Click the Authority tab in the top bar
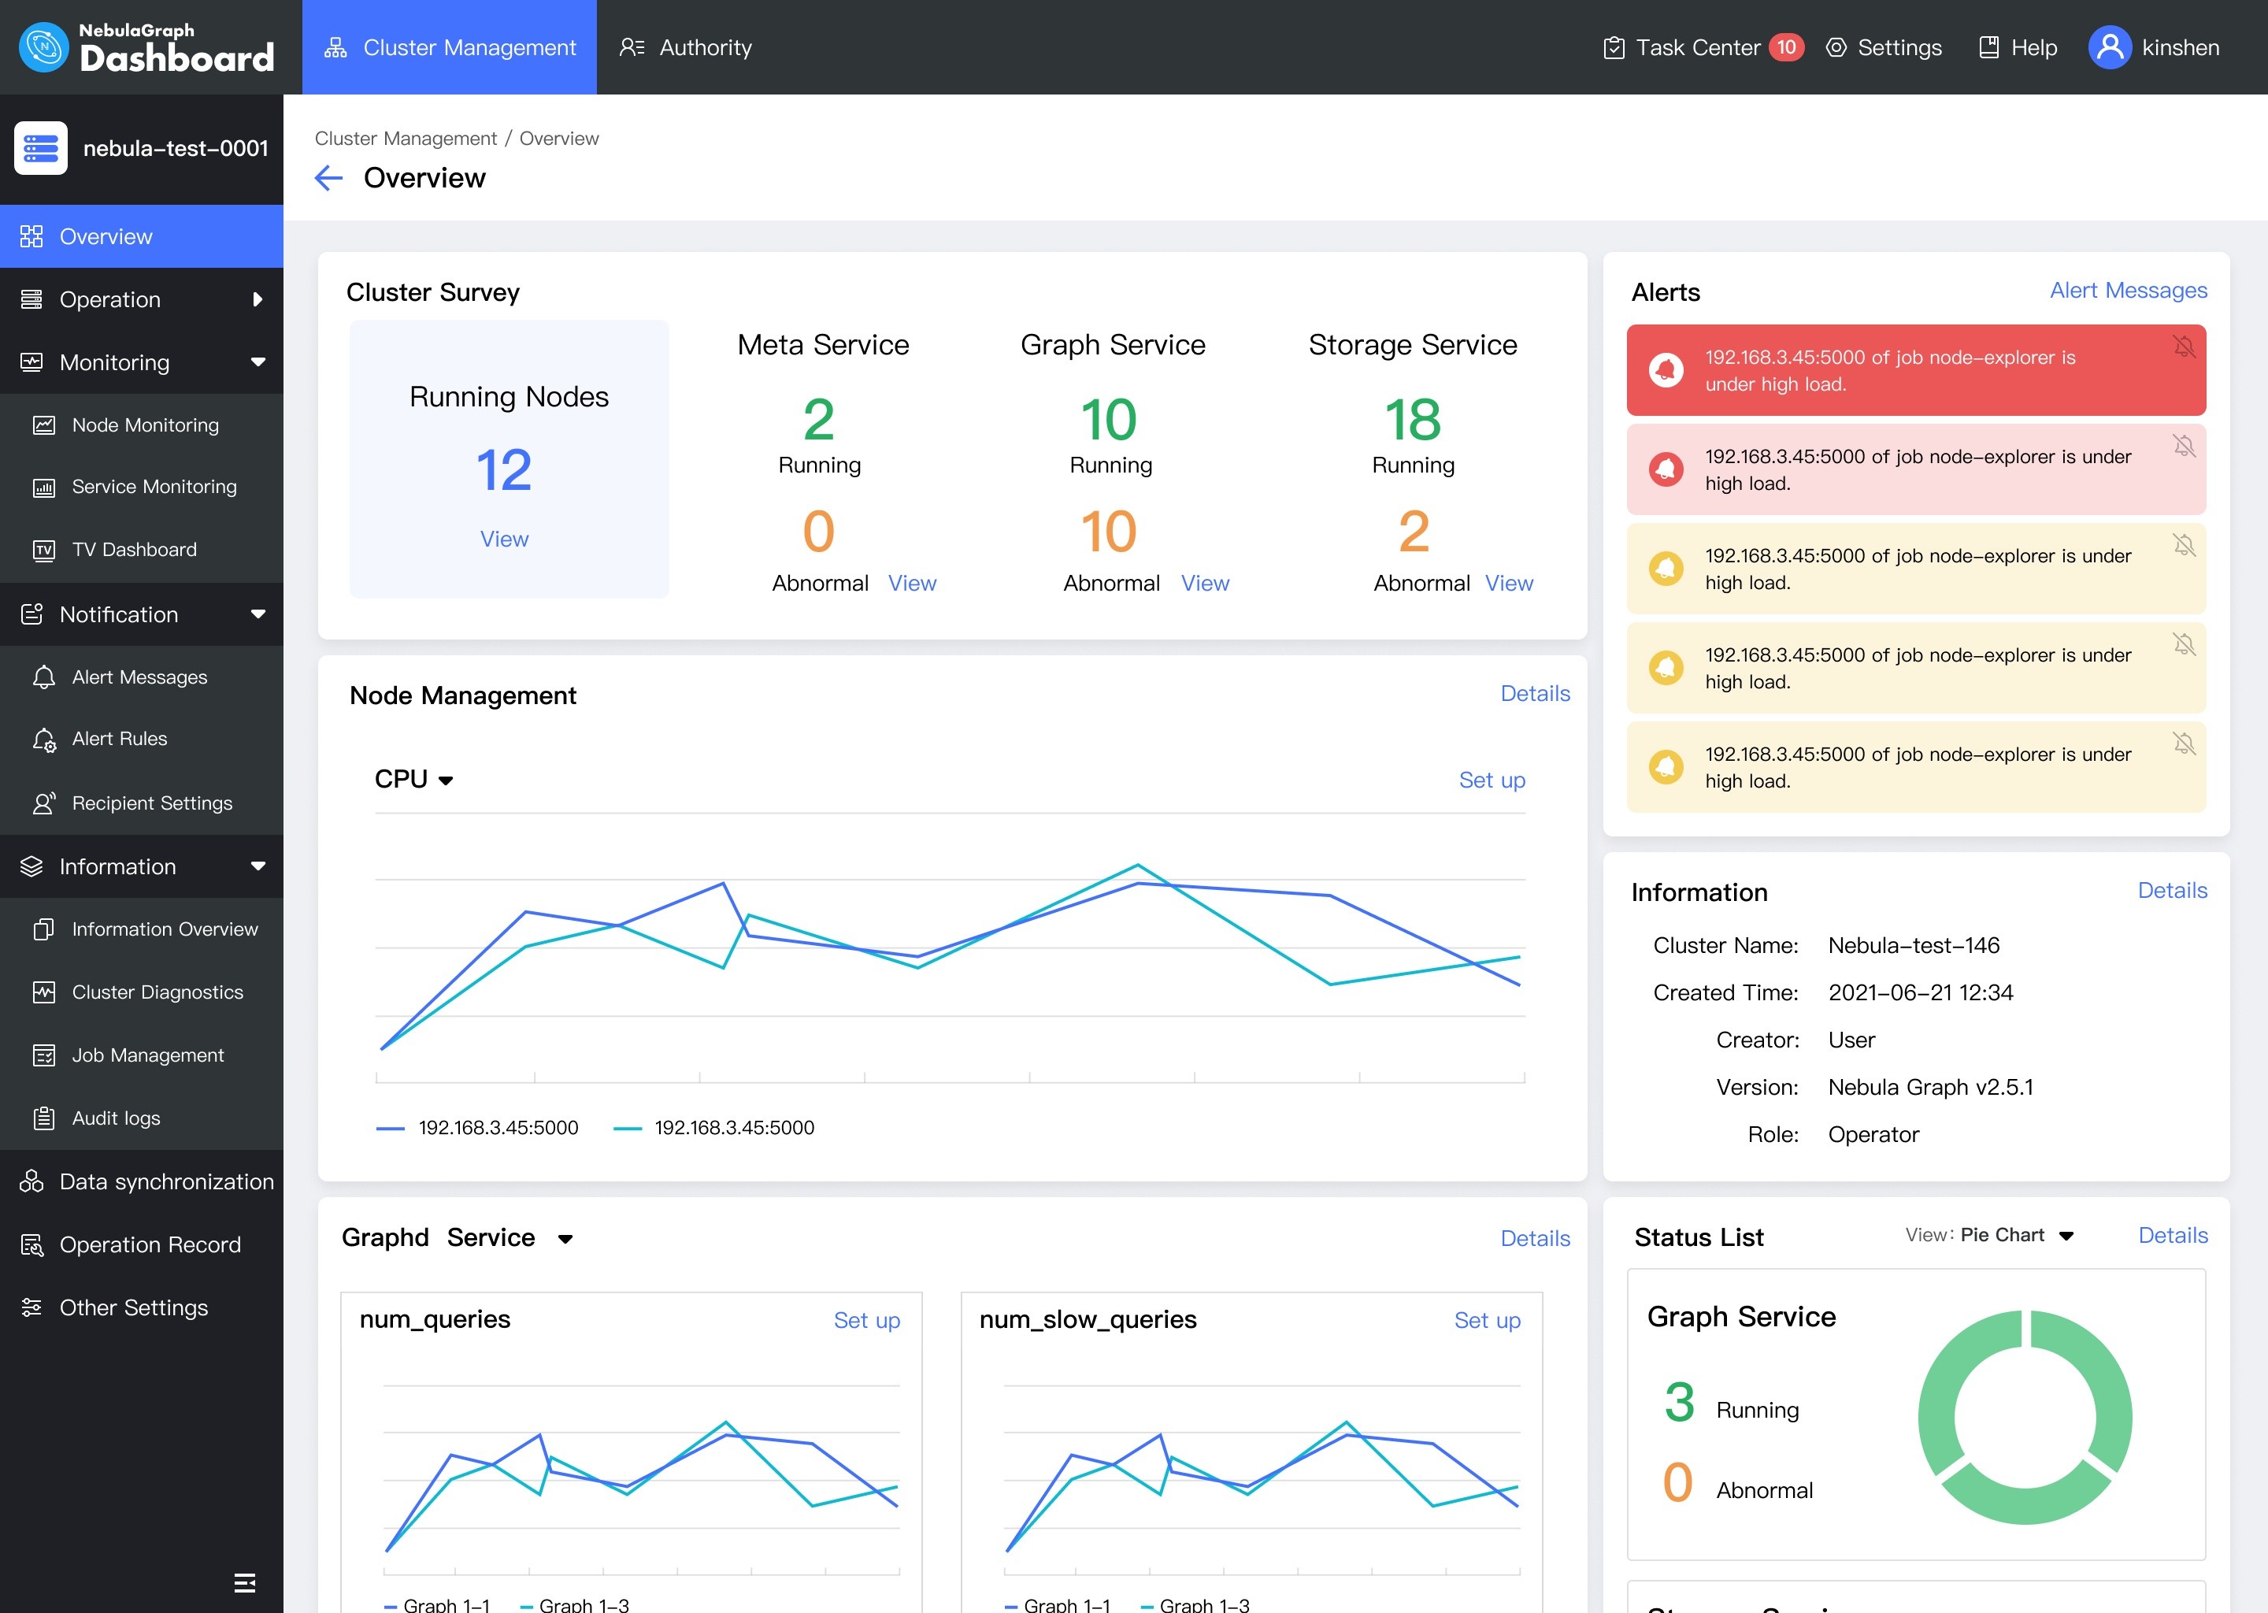click(685, 48)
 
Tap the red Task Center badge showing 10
click(1785, 48)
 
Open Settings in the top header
click(1884, 48)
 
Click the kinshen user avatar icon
click(2109, 48)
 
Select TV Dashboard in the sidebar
click(134, 549)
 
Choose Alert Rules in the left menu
click(119, 739)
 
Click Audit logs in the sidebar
click(115, 1118)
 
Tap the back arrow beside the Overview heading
click(328, 178)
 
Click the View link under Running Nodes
click(505, 540)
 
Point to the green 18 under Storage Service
click(1412, 420)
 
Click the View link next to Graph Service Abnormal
click(1205, 584)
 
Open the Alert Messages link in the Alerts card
click(2128, 290)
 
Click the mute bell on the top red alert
click(2184, 347)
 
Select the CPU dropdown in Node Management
click(414, 780)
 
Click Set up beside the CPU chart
click(1492, 781)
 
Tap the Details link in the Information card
click(2172, 891)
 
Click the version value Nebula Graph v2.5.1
click(1930, 1088)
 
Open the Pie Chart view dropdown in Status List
click(2016, 1236)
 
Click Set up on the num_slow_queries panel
click(1487, 1321)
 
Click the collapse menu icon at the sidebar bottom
click(244, 1582)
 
